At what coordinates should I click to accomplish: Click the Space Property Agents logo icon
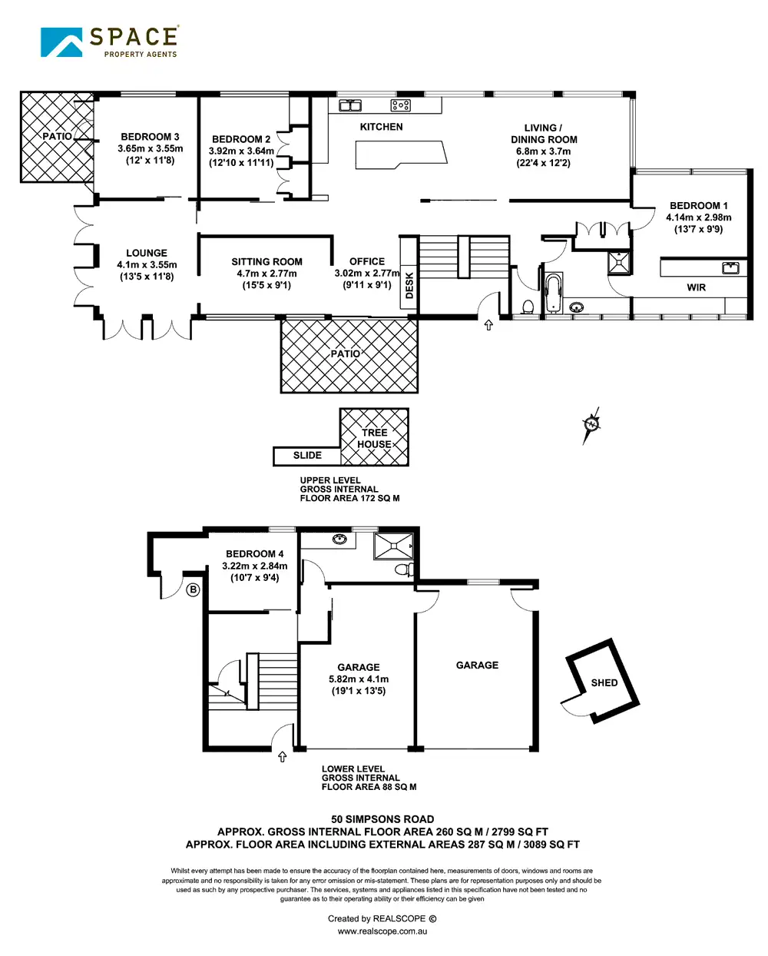pyautogui.click(x=61, y=43)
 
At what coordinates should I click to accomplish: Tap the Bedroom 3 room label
pyautogui.click(x=150, y=137)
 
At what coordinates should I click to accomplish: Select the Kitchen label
pyautogui.click(x=381, y=127)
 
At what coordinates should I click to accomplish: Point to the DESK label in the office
pyautogui.click(x=409, y=285)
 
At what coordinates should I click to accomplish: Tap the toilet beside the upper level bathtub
pyautogui.click(x=528, y=307)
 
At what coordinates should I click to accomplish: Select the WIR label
pyautogui.click(x=696, y=287)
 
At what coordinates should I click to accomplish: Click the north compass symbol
pyautogui.click(x=591, y=423)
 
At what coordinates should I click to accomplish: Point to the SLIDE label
pyautogui.click(x=307, y=456)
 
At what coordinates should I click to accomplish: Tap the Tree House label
pyautogui.click(x=375, y=438)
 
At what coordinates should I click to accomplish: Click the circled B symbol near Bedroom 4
pyautogui.click(x=193, y=590)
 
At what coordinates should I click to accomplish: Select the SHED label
pyautogui.click(x=604, y=682)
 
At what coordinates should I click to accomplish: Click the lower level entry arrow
pyautogui.click(x=282, y=757)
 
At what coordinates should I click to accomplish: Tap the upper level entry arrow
pyautogui.click(x=488, y=325)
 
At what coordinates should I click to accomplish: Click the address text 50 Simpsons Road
pyautogui.click(x=382, y=819)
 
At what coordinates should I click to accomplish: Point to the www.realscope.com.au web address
pyautogui.click(x=382, y=931)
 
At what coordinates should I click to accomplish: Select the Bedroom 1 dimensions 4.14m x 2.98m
pyautogui.click(x=698, y=217)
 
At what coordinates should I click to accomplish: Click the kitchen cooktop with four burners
pyautogui.click(x=400, y=105)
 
